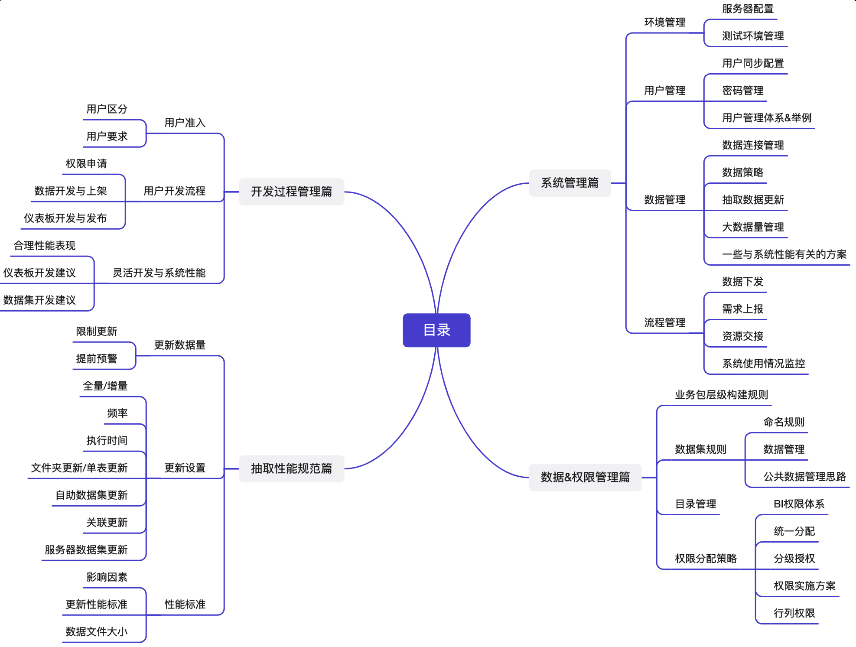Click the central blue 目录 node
[x=436, y=330]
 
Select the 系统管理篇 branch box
[x=570, y=183]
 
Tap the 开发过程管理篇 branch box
[x=291, y=192]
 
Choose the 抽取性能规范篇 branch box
[x=291, y=468]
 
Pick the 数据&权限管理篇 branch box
[x=585, y=477]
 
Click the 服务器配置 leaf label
[x=748, y=9]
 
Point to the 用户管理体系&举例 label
[x=766, y=118]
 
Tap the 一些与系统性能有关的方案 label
[x=784, y=254]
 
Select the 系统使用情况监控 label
[x=763, y=364]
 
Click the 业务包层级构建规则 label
[x=721, y=395]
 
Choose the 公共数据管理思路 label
[x=804, y=477]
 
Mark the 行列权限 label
[x=794, y=613]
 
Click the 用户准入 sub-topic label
[x=185, y=123]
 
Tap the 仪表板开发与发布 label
[x=65, y=218]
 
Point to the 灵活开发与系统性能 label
[x=159, y=273]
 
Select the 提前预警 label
[x=97, y=359]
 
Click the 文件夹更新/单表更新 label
[x=79, y=468]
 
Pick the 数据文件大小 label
[x=97, y=632]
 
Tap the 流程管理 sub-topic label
[x=664, y=323]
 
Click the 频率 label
[x=117, y=413]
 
